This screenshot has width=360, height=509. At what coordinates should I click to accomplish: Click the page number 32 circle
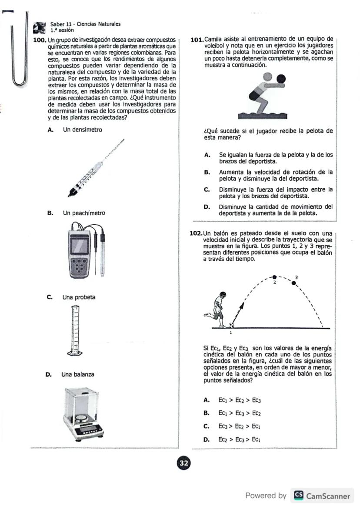click(x=184, y=463)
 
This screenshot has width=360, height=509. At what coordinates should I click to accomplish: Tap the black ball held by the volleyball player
click(x=281, y=79)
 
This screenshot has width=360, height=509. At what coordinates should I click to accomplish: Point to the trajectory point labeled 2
click(x=274, y=277)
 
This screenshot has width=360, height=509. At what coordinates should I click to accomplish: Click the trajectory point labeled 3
click(x=294, y=283)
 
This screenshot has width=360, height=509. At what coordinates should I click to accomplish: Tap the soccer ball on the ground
click(x=232, y=325)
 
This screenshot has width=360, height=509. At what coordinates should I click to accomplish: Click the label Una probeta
click(x=79, y=298)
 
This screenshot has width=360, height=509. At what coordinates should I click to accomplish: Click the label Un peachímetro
click(x=84, y=213)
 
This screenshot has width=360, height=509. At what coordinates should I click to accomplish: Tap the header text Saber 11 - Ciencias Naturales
click(x=85, y=24)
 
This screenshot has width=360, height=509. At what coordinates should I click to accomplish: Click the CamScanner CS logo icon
click(x=299, y=496)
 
